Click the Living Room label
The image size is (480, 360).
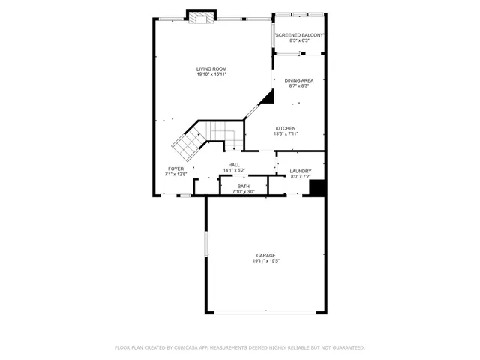pos(211,69)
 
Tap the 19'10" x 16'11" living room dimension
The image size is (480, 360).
pos(211,74)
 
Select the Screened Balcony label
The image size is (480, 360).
pos(300,35)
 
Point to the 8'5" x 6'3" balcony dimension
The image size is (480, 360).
pos(300,41)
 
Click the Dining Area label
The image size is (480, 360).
pos(299,80)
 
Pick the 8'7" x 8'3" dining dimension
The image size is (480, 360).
pos(299,85)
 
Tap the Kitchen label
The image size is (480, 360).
pos(286,128)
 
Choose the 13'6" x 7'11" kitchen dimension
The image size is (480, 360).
pos(286,133)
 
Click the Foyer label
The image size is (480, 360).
pos(175,169)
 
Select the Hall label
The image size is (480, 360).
pos(234,165)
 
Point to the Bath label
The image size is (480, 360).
pos(244,187)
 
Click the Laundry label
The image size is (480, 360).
pos(301,172)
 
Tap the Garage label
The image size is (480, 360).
pos(265,256)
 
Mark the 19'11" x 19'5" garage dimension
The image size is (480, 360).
pos(265,261)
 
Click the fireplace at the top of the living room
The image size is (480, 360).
pos(201,17)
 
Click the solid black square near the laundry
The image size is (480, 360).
pos(317,188)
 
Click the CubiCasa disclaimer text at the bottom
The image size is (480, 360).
pos(239,347)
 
